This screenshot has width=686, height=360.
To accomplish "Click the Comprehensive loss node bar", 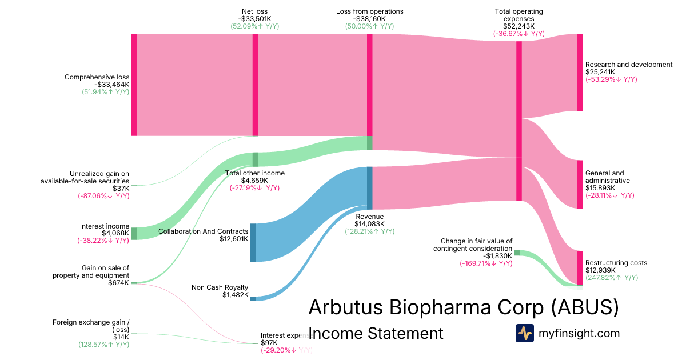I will (134, 85).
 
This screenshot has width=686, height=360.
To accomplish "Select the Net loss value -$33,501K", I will (255, 19).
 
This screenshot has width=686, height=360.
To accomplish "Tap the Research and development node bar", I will (580, 72).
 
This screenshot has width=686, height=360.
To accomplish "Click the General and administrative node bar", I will (580, 185).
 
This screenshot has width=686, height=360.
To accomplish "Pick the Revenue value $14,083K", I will (369, 224).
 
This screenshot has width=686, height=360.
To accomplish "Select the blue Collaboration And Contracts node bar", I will (253, 243).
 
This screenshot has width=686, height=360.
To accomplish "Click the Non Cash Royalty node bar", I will (253, 298).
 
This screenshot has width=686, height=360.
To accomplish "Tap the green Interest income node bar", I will (134, 233).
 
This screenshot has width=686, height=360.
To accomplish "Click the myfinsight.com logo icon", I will (524, 333).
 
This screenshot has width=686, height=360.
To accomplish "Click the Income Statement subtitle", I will (376, 333).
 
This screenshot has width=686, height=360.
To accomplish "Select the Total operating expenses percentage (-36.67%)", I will (519, 34).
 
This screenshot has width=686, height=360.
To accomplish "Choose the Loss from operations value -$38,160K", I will (369, 19).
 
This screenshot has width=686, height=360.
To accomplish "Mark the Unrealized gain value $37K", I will (121, 189).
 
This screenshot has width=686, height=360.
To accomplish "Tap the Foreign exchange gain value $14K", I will (121, 337).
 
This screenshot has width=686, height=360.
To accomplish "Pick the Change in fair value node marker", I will (517, 253).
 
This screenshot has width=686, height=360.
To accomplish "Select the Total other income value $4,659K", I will (255, 181).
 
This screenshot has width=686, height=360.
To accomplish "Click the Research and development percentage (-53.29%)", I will (611, 79).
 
